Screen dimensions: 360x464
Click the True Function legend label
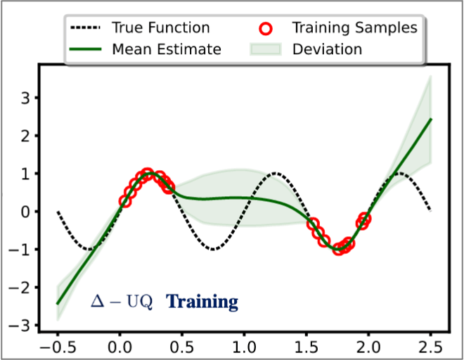tap(160, 28)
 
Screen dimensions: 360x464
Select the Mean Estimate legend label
tap(166, 49)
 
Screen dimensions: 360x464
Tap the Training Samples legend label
tap(354, 28)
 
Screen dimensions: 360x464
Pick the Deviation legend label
tap(327, 49)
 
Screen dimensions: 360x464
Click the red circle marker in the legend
tap(265, 29)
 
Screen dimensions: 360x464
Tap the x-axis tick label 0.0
tap(119, 347)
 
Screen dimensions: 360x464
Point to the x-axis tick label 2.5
tap(430, 347)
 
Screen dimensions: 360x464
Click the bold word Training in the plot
tap(202, 302)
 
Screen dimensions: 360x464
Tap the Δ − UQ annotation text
tap(122, 302)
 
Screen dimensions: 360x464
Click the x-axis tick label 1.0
tap(243, 347)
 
